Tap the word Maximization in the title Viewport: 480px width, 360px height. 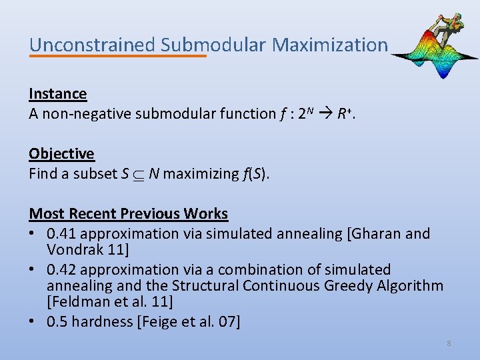coord(330,45)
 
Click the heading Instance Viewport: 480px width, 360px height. coord(58,94)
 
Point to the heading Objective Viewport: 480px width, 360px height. coord(61,154)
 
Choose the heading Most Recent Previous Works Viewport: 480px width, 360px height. coord(128,214)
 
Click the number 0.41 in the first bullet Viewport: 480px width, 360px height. coord(61,234)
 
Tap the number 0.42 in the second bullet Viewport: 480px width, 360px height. coord(61,270)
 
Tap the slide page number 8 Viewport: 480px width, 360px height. coord(449,343)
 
